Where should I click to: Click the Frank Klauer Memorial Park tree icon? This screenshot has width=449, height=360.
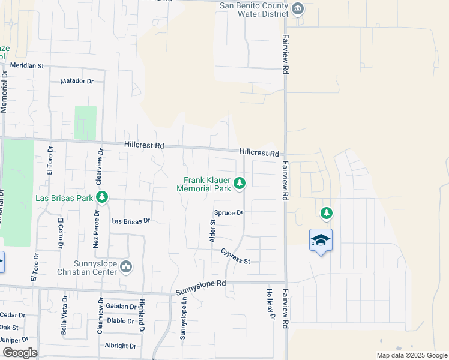tap(240, 184)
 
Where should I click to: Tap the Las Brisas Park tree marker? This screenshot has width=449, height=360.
tap(102, 197)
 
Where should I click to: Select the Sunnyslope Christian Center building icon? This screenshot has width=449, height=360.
tap(126, 266)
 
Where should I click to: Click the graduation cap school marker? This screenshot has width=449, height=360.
tap(321, 241)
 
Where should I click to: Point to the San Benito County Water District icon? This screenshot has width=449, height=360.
tap(298, 8)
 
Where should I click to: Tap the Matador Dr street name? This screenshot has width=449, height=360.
tap(77, 81)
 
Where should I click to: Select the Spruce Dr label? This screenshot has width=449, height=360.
tap(228, 213)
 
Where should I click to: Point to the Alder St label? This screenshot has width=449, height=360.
tap(212, 230)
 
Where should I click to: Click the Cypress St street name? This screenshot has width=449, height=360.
tap(235, 256)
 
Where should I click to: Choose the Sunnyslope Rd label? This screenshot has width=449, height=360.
tap(200, 287)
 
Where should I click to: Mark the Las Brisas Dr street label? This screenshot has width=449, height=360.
tap(130, 221)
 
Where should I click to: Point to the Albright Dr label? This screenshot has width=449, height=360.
tap(120, 346)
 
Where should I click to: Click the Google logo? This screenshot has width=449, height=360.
tap(20, 353)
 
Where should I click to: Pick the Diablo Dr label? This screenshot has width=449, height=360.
tap(121, 320)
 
